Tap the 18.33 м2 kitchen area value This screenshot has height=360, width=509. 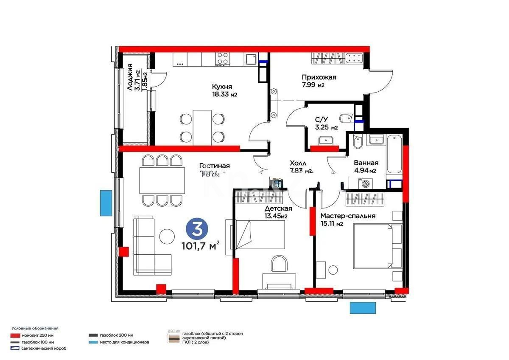tap(224, 94)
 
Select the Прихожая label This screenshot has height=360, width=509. tap(319, 77)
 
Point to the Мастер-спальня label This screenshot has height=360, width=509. tap(348, 216)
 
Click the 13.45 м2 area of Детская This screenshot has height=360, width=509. tap(276, 216)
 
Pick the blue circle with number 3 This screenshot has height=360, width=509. tap(196, 230)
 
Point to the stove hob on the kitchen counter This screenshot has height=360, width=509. tap(223, 59)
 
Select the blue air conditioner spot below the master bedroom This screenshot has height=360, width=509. tap(363, 308)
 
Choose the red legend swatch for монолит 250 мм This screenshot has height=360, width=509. tap(16, 335)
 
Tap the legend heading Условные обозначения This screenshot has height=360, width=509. tap(35, 328)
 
